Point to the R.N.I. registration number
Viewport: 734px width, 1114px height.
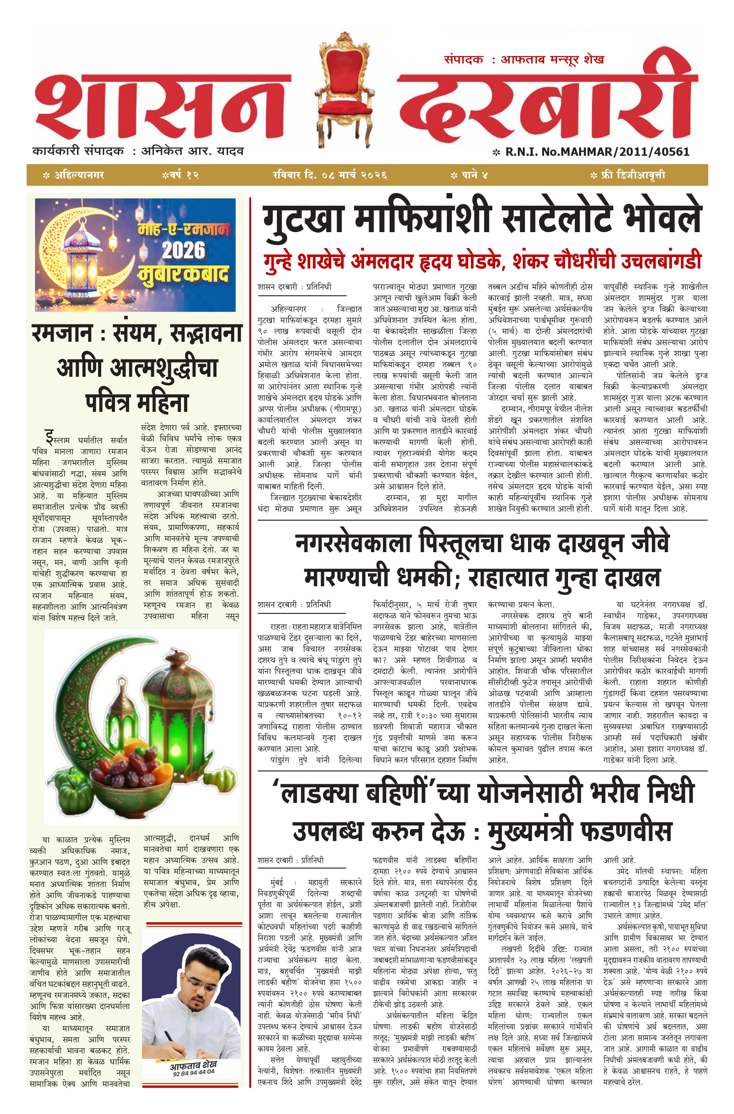597,152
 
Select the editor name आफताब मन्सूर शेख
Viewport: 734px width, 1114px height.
552,59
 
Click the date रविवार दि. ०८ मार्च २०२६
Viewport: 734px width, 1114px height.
330,175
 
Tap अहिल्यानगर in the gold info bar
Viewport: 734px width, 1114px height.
79,175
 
